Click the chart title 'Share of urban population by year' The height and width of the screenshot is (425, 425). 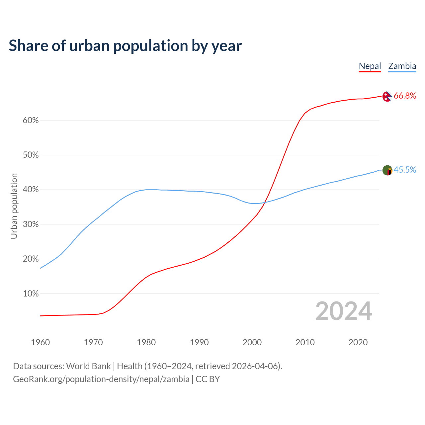click(125, 46)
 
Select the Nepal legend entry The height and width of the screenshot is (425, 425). click(370, 66)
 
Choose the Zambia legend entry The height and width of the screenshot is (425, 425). click(402, 66)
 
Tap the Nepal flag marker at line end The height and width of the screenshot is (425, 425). click(387, 96)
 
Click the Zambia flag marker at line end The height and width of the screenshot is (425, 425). click(387, 170)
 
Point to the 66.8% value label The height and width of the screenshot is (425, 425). click(405, 96)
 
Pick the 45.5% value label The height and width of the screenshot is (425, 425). click(405, 170)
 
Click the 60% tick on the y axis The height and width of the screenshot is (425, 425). click(31, 121)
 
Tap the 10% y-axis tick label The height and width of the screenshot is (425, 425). click(31, 294)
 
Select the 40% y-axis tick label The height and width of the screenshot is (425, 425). click(31, 190)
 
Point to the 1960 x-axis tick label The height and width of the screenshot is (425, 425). click(40, 342)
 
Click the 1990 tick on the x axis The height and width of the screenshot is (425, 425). click(199, 342)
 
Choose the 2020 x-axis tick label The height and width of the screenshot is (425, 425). click(358, 342)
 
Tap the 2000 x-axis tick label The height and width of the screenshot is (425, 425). click(252, 342)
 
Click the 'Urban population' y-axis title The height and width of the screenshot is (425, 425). click(14, 206)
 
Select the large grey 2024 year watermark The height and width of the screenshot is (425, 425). click(344, 311)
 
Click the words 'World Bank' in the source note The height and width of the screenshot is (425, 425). click(88, 366)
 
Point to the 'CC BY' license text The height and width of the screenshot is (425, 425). click(208, 379)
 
